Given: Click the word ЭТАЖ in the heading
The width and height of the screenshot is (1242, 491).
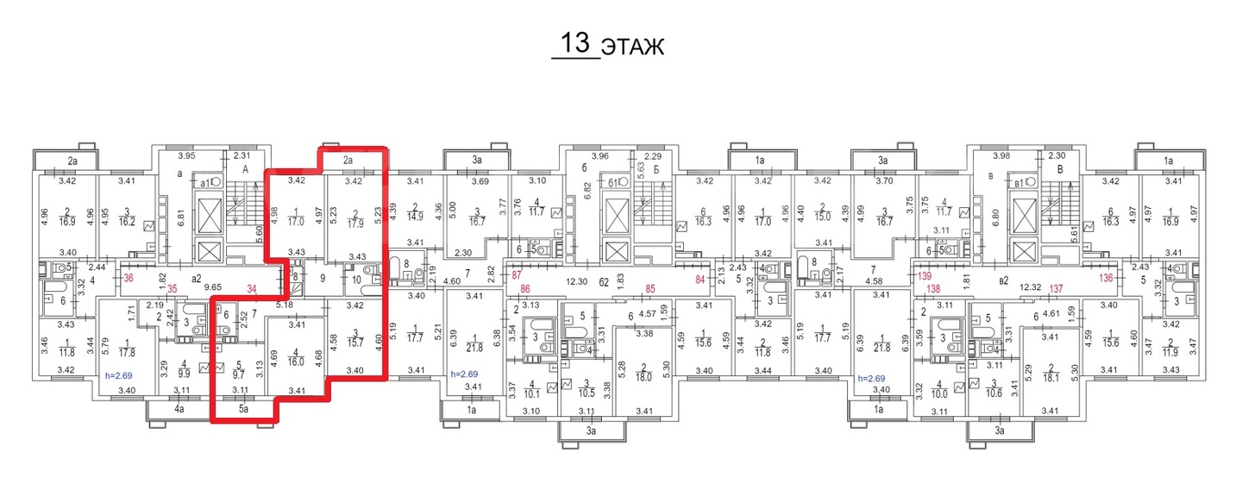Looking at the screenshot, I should pyautogui.click(x=632, y=47).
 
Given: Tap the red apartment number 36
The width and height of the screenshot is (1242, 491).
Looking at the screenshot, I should pyautogui.click(x=129, y=278).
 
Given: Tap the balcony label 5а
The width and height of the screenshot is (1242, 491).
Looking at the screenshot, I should pyautogui.click(x=244, y=409).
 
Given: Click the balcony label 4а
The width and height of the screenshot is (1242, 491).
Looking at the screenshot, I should pyautogui.click(x=179, y=409).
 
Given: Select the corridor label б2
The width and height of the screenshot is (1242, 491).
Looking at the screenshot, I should pyautogui.click(x=605, y=282).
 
